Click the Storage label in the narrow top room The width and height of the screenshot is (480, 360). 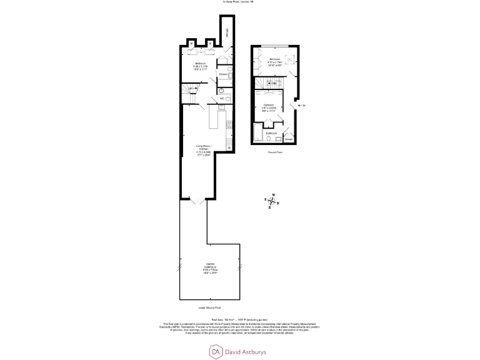coord(227,35)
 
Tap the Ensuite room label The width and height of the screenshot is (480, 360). coord(222,74)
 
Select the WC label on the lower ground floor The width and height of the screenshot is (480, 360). coord(222,98)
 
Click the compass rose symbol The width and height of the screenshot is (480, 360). coord(271,201)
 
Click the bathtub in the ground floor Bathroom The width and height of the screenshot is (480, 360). coord(257,132)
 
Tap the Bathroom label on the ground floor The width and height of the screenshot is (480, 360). coord(272,133)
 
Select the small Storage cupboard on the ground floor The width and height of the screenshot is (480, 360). coord(288,137)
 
